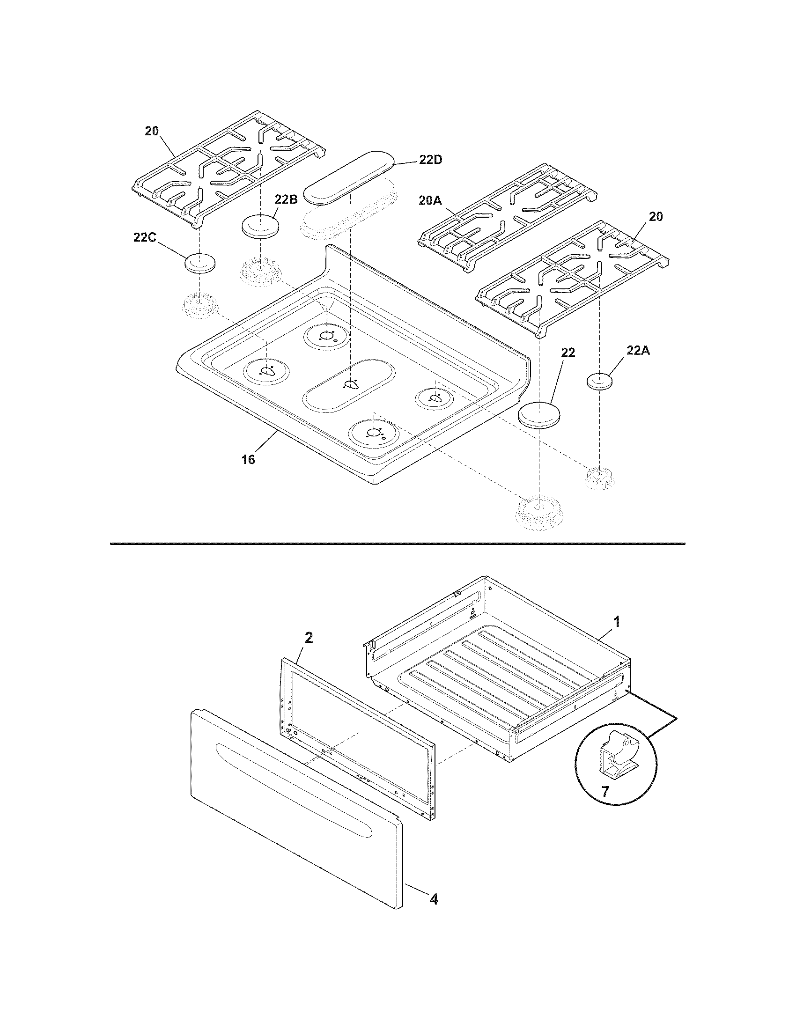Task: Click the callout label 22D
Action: point(430,160)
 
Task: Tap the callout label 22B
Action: point(286,199)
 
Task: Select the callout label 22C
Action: point(145,238)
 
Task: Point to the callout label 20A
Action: point(430,200)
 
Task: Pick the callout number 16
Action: point(248,459)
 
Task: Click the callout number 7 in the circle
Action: point(605,791)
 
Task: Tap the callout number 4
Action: point(434,899)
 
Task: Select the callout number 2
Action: point(309,638)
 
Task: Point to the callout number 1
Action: point(616,622)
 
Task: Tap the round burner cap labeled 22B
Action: point(260,226)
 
